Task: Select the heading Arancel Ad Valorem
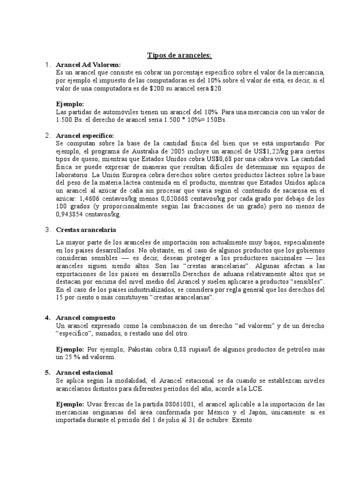(88, 65)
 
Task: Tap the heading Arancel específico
(85, 135)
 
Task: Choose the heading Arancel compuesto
(85, 317)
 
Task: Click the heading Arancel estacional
(84, 373)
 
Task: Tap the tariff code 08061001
(180, 405)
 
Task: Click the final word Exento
(240, 420)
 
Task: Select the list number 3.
(47, 230)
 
